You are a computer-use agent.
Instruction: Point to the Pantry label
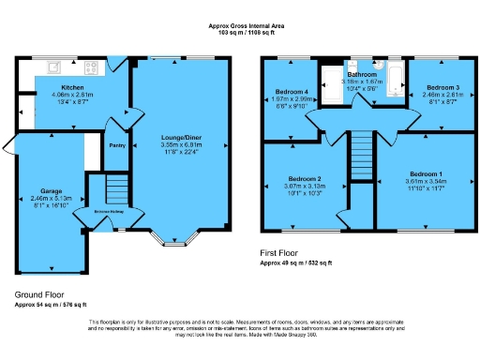tap(117, 145)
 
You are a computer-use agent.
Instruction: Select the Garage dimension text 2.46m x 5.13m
tap(52, 199)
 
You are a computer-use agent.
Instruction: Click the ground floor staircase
tap(112, 191)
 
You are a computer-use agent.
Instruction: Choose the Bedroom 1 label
tap(424, 173)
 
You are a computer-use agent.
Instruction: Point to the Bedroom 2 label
tap(305, 178)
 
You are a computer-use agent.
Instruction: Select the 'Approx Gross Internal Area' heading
tap(240, 26)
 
